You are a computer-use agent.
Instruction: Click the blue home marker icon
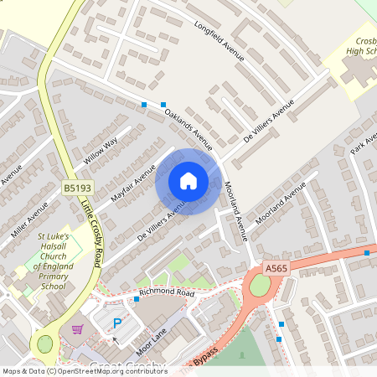click(x=188, y=181)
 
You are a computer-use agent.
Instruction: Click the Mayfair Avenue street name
click(x=133, y=183)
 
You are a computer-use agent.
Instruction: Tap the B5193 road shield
click(x=76, y=190)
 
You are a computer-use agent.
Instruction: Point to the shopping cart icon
click(x=78, y=329)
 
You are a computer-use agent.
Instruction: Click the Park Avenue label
click(x=364, y=143)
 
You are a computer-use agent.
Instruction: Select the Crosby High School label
click(x=364, y=47)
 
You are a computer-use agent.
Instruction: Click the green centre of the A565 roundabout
click(x=260, y=287)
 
